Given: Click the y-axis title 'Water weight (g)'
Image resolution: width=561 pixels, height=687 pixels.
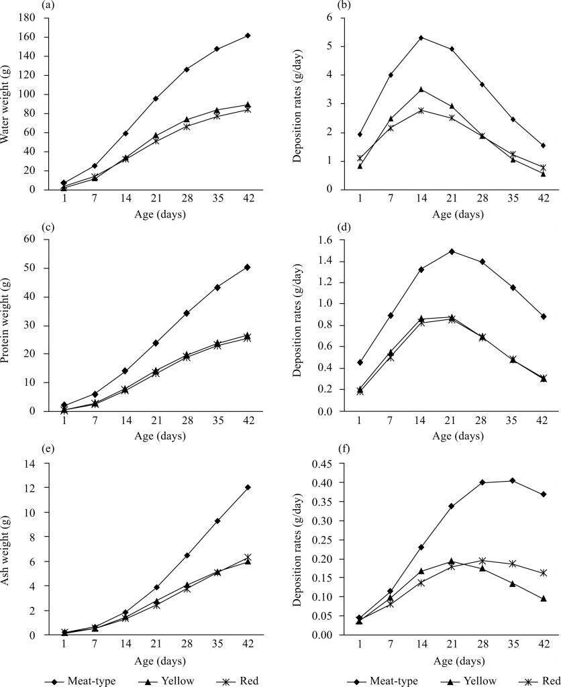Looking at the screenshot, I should click(x=9, y=104).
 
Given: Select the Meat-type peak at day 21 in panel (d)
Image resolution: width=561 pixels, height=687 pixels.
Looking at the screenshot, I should click(x=452, y=252).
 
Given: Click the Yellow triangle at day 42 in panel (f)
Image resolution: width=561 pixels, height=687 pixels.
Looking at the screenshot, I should click(x=544, y=598).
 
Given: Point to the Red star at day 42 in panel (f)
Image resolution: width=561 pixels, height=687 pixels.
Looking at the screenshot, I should click(x=544, y=573).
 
